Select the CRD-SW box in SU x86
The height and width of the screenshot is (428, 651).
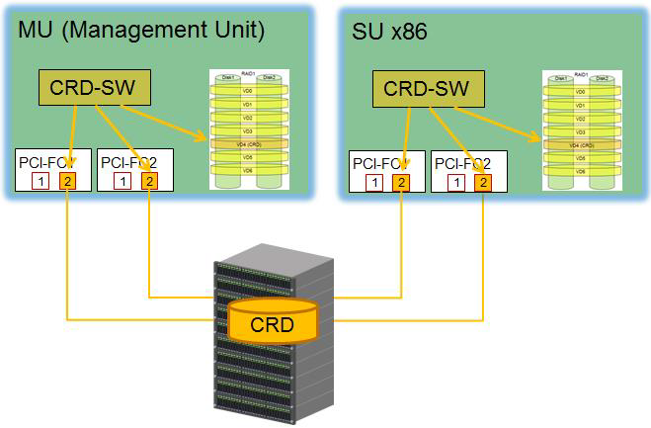[x=425, y=88]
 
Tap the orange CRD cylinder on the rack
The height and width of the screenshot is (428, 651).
[x=273, y=323]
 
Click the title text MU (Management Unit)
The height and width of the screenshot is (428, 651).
[x=141, y=31]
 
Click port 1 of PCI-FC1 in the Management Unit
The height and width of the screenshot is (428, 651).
[x=40, y=181]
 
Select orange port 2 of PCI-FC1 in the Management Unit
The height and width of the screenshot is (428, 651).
[x=67, y=181]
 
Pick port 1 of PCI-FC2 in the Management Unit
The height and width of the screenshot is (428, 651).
[x=121, y=181]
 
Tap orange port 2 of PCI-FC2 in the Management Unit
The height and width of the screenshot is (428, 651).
[x=148, y=181]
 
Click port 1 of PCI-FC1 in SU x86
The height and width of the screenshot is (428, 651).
[x=373, y=182]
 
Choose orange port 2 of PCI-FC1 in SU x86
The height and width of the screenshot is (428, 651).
[x=400, y=182]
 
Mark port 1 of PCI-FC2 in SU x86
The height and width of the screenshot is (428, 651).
[x=455, y=182]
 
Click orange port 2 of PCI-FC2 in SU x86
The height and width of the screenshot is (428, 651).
[x=482, y=182]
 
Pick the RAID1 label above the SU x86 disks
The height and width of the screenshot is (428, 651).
[x=581, y=74]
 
